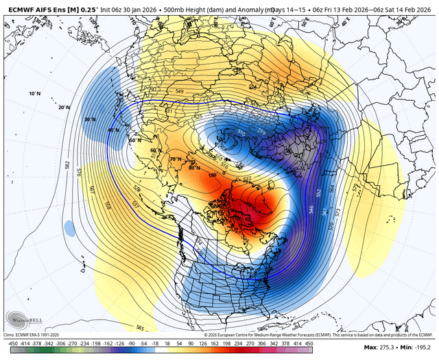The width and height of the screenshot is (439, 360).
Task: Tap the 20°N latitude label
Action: pos(64,107)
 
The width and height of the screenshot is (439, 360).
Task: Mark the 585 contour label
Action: pos(140,328)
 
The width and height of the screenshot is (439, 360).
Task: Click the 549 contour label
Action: pos(180,91)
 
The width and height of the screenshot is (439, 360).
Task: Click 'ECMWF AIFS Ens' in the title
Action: pos(34,6)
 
